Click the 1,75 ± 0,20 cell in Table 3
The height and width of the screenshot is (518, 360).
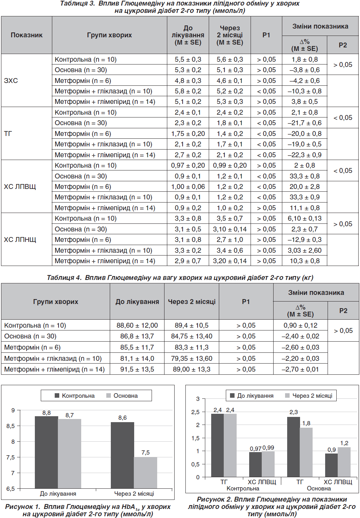[x=188, y=134]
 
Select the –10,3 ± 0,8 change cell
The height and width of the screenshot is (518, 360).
[x=305, y=91]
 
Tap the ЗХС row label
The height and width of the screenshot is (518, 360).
[x=11, y=81]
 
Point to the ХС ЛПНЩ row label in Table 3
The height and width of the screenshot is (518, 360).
[x=20, y=239]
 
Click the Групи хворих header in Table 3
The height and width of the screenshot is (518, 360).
[x=109, y=35]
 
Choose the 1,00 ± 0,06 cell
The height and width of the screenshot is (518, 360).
[x=188, y=186]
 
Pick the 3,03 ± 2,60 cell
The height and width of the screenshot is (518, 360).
[x=305, y=250]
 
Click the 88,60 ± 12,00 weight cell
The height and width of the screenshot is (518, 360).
[x=137, y=325]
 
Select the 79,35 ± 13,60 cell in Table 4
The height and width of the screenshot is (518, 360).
[x=192, y=358]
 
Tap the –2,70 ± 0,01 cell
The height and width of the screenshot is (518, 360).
[x=300, y=369]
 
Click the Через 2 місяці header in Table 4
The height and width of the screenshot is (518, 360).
[x=192, y=302]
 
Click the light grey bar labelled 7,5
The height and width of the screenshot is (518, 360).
[x=145, y=473]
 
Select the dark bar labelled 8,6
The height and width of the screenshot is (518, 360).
[x=122, y=455]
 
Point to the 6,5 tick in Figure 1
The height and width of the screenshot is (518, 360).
[x=11, y=489]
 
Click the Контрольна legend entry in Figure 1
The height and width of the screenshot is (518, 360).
[x=75, y=396]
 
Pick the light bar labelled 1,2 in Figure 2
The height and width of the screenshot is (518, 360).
[x=344, y=462]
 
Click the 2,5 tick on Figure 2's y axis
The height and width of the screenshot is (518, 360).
[x=195, y=412]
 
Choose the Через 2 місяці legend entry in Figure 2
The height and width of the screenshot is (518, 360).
[x=309, y=396]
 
